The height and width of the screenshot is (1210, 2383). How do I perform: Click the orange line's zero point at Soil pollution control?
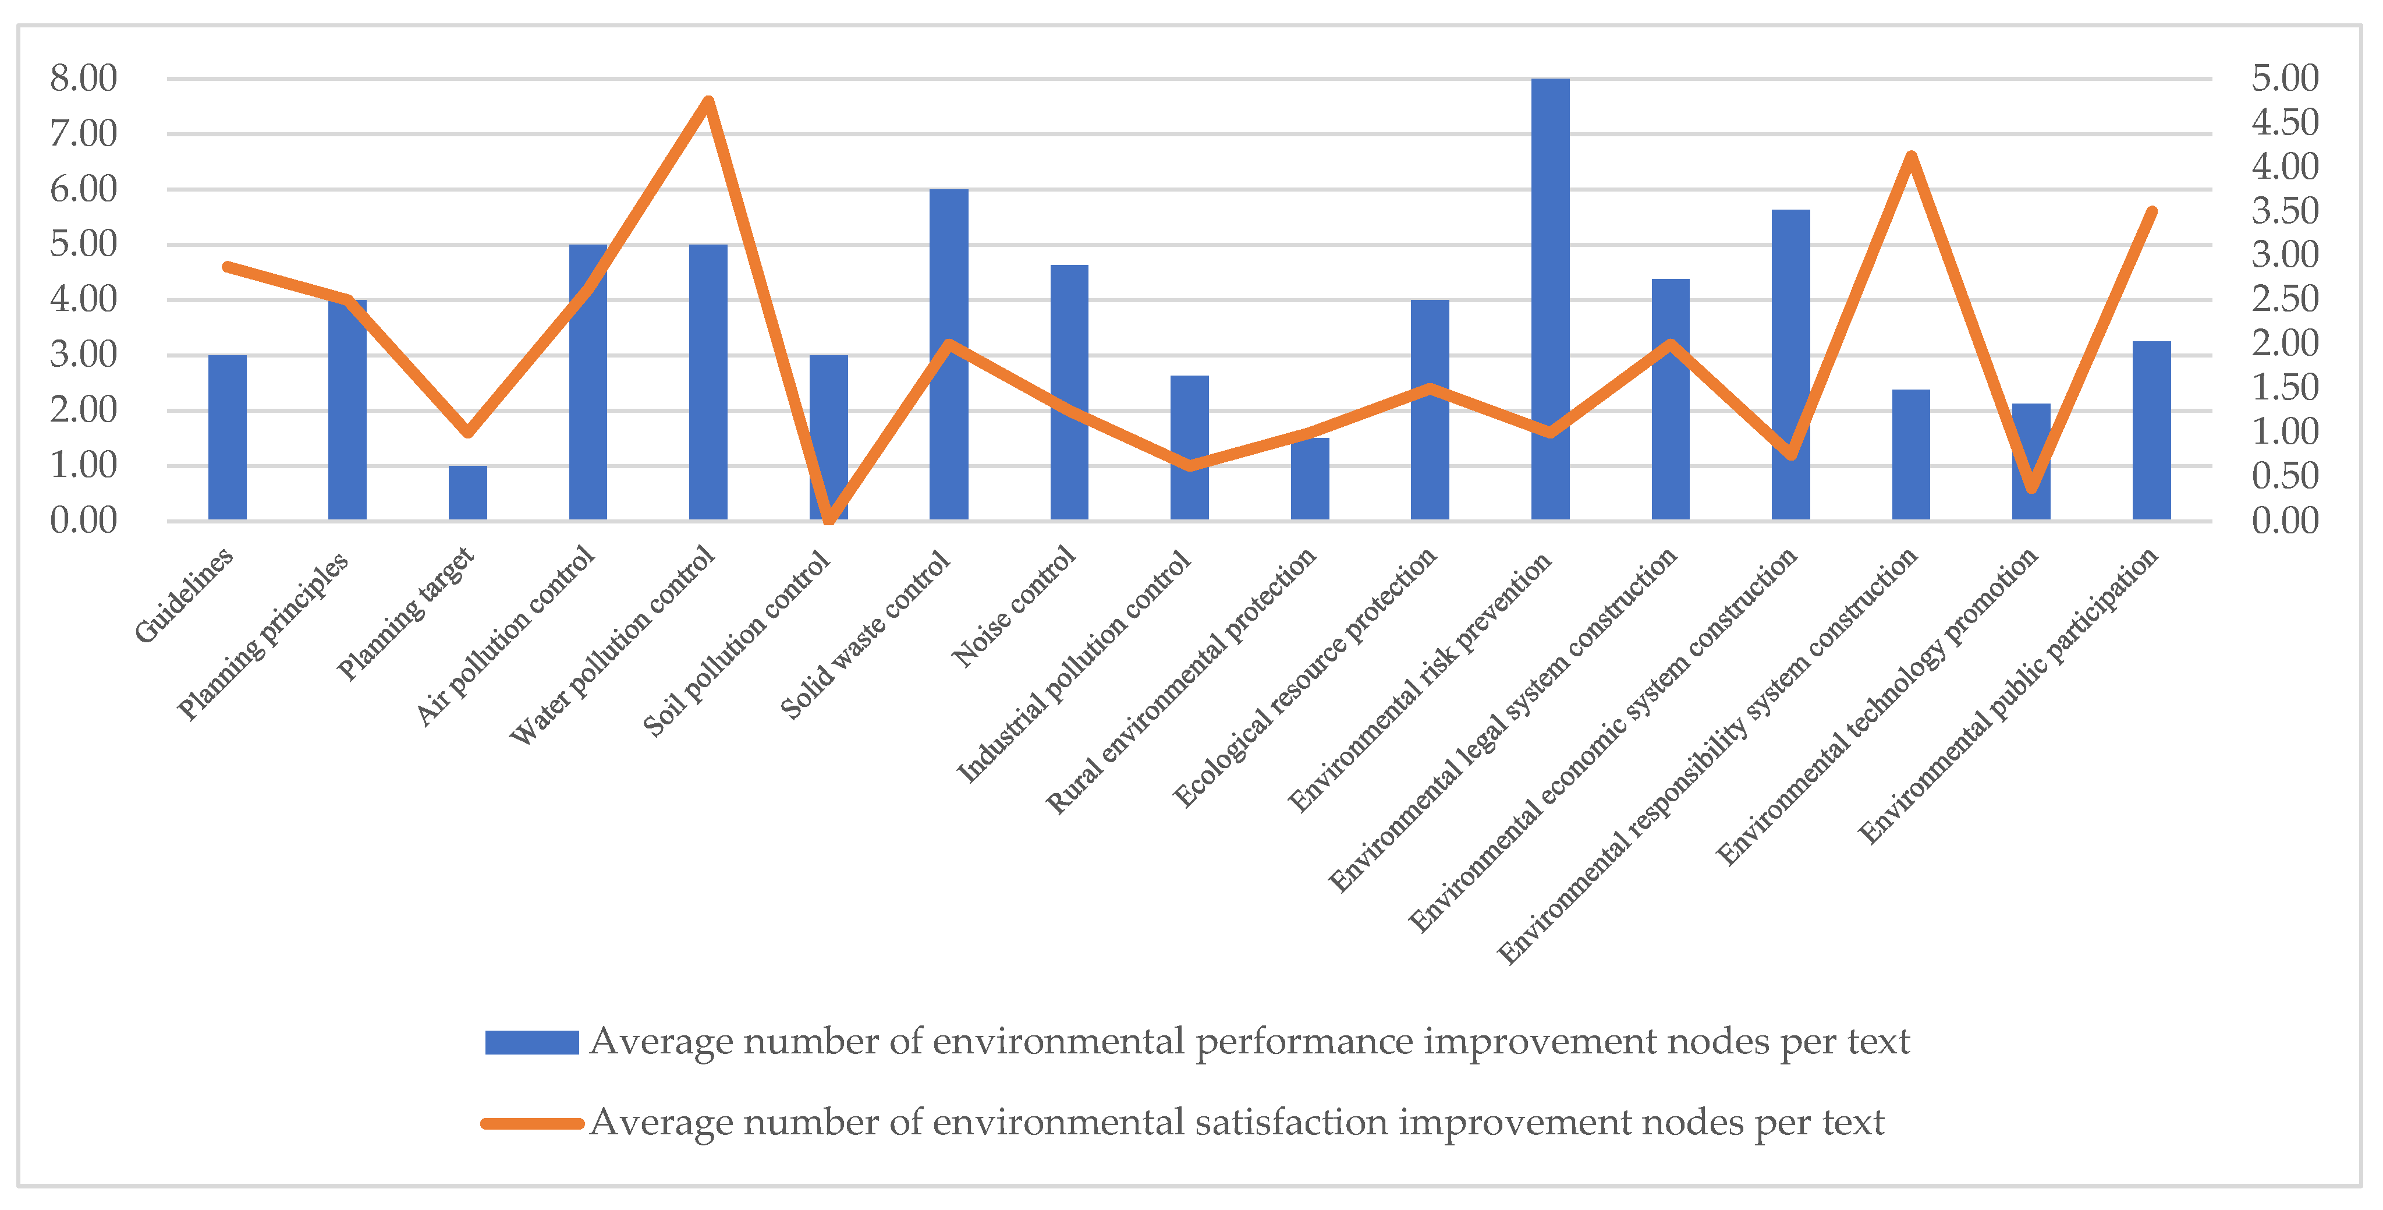[x=829, y=520]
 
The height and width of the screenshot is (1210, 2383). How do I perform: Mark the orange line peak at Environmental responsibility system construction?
[x=1911, y=155]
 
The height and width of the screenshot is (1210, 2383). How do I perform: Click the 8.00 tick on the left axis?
[x=83, y=79]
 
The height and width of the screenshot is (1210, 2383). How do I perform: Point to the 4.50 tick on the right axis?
[x=2285, y=122]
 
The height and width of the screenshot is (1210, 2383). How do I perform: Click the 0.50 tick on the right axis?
[x=2285, y=476]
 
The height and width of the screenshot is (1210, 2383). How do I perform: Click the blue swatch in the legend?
[x=532, y=1042]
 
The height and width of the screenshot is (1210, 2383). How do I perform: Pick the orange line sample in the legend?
[x=532, y=1124]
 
